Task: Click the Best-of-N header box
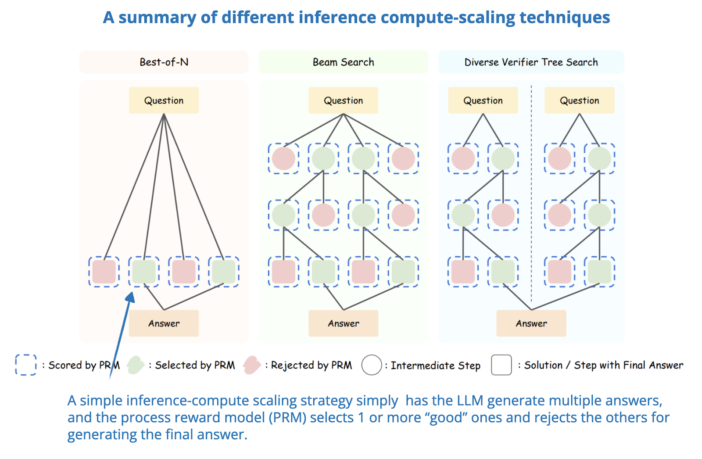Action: [164, 62]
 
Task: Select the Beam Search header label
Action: [343, 62]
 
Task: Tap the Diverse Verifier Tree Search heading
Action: [531, 62]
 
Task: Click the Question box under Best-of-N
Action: [164, 100]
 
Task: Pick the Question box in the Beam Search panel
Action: [343, 100]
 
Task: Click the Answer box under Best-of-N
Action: [164, 323]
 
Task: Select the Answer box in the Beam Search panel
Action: [343, 323]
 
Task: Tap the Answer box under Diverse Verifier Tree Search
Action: [531, 323]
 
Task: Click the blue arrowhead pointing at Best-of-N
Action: [130, 298]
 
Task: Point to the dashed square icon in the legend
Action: [26, 365]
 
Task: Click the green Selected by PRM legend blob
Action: [136, 365]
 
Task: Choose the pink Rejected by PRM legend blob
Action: [252, 365]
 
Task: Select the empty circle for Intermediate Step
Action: [371, 365]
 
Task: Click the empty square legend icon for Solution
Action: [501, 365]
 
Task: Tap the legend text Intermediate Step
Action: [435, 365]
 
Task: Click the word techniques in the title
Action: [565, 18]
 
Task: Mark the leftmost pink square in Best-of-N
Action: [104, 272]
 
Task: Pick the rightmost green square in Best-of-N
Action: [224, 272]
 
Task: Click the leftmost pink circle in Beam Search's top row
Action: [283, 158]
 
